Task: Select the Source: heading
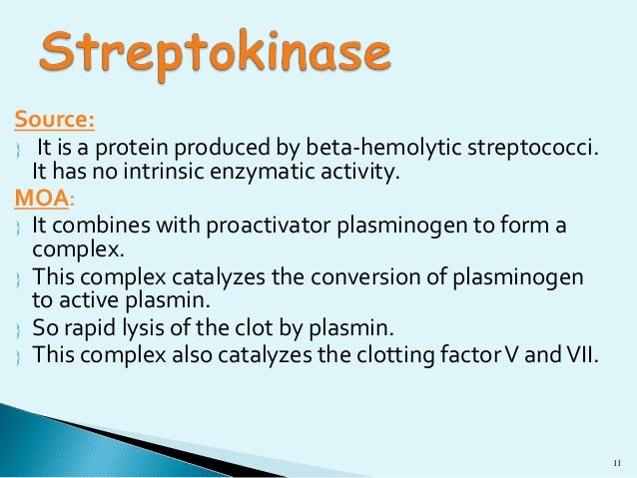(x=55, y=121)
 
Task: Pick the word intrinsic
(x=167, y=173)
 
